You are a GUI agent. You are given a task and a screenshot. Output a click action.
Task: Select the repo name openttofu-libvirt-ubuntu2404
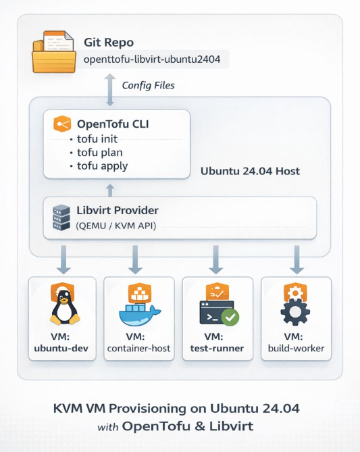click(x=155, y=59)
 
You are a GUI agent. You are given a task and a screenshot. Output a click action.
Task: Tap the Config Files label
click(x=148, y=85)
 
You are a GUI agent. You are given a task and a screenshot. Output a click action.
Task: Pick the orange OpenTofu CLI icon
click(x=63, y=124)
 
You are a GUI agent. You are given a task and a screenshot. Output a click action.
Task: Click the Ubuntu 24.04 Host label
click(x=250, y=172)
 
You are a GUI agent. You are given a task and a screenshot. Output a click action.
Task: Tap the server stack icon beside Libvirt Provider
click(x=61, y=218)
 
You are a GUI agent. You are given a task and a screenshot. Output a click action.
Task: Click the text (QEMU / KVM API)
click(x=117, y=225)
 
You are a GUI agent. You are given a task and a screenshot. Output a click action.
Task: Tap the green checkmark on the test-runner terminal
click(x=230, y=317)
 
